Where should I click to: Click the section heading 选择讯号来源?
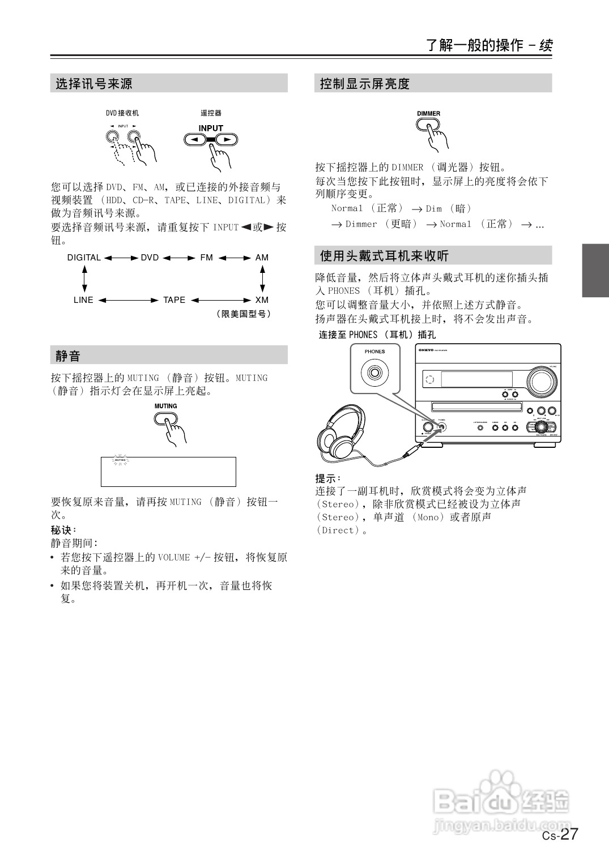(94, 84)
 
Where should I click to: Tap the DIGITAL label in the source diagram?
(84, 258)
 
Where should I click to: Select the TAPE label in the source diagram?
(174, 300)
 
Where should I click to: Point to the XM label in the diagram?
(262, 300)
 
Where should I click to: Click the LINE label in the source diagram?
(83, 300)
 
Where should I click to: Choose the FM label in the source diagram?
(206, 258)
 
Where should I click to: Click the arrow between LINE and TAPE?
(129, 300)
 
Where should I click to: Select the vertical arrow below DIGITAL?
(84, 279)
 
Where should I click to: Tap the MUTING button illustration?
(165, 418)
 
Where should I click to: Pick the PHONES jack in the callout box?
(374, 373)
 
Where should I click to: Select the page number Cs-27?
(560, 834)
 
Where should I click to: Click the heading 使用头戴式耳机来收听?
(384, 256)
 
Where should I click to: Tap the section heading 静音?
(68, 356)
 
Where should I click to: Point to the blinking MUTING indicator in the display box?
(120, 460)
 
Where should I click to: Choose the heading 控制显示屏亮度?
(364, 84)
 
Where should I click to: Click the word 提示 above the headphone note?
(327, 478)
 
